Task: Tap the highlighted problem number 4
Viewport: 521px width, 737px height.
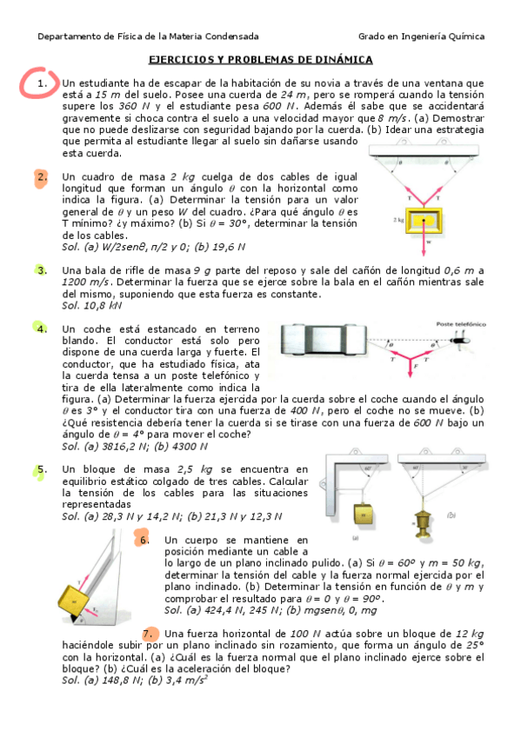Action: [x=42, y=329]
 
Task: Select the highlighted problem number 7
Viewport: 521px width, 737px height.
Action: [x=150, y=633]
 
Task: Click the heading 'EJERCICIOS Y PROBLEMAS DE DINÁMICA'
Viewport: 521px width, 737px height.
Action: [x=260, y=59]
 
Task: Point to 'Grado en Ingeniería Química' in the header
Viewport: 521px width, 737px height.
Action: [x=421, y=37]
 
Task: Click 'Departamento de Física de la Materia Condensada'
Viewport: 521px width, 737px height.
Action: [x=148, y=37]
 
